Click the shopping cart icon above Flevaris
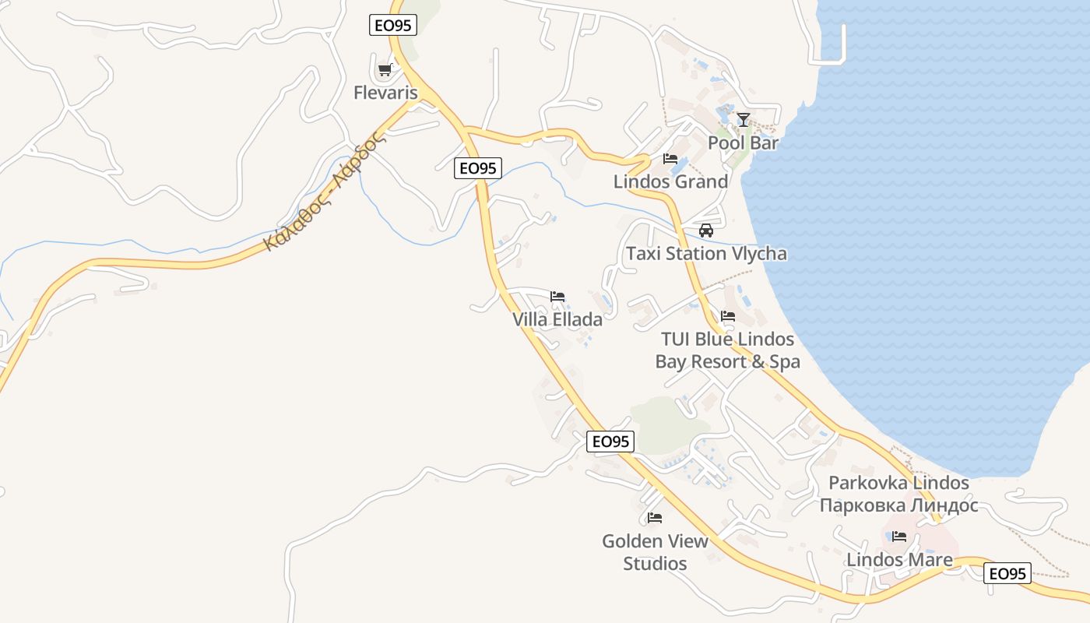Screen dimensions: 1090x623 click(x=385, y=70)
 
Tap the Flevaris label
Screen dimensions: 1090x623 click(x=385, y=93)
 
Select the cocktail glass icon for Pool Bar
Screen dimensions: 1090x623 click(x=744, y=120)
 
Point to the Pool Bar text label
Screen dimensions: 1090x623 click(x=743, y=143)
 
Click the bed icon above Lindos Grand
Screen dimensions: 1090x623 click(x=670, y=159)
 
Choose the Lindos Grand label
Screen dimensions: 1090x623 click(x=670, y=181)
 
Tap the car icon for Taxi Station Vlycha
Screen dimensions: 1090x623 click(x=706, y=231)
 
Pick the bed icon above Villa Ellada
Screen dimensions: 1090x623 click(x=557, y=297)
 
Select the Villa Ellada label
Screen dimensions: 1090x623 click(x=557, y=319)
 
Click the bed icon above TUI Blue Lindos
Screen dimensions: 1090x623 click(x=728, y=316)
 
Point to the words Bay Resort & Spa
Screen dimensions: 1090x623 click(x=727, y=361)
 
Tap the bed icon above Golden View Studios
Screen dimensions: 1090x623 click(x=655, y=518)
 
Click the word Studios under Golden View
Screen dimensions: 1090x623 click(x=655, y=563)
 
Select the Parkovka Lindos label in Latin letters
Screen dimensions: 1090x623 click(x=898, y=483)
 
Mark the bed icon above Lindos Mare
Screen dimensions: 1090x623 click(x=899, y=537)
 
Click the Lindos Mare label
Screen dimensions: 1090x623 click(x=899, y=560)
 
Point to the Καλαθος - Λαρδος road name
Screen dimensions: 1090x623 click(x=325, y=192)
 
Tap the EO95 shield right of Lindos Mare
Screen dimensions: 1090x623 click(x=1007, y=574)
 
